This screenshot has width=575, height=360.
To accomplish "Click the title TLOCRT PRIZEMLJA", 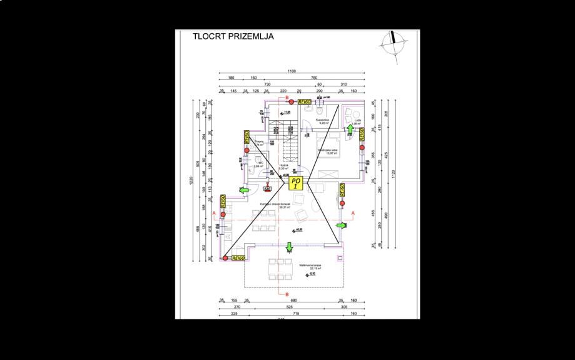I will [234, 36].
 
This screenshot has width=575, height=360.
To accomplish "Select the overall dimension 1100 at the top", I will [292, 71].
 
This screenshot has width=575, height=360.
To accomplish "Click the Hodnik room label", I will [283, 167].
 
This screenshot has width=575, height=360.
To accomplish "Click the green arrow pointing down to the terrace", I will [289, 247].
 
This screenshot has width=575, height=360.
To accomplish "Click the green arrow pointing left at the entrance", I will [245, 190].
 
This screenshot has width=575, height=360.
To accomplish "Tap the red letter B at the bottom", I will [287, 294].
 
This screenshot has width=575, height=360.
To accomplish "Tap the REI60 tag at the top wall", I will [305, 101].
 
